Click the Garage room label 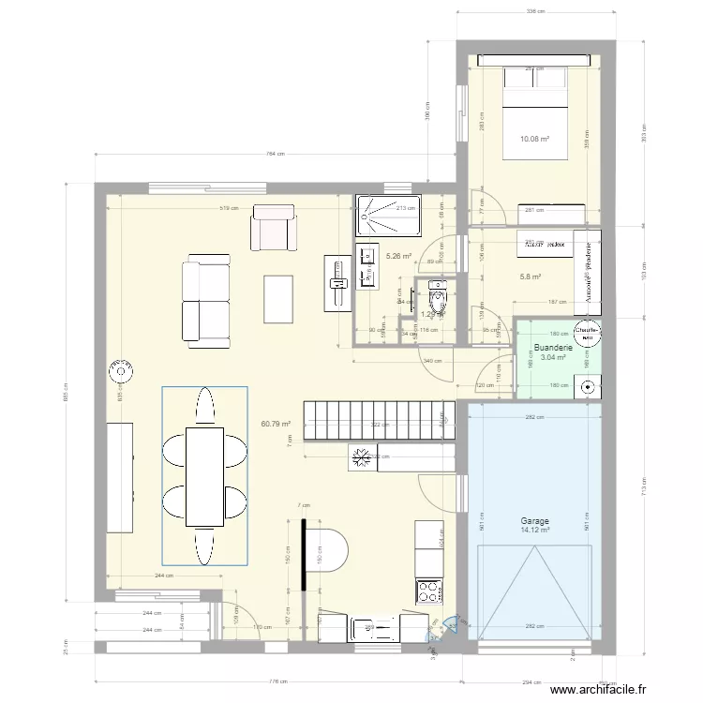[x=535, y=521]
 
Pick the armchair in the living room [x=272, y=229]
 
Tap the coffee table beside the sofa [x=278, y=299]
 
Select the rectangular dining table [x=204, y=475]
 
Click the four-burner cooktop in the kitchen [x=428, y=591]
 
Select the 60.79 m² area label [x=277, y=424]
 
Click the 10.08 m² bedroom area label [x=534, y=140]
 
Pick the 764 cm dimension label [x=274, y=155]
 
